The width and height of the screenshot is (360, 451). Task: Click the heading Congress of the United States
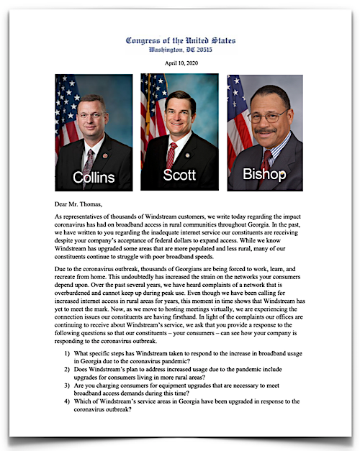[x=181, y=40]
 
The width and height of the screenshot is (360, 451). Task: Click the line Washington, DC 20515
[x=181, y=50]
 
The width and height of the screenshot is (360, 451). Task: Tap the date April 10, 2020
[x=181, y=64]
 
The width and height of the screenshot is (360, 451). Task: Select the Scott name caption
[x=179, y=176]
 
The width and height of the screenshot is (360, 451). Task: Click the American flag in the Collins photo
[x=66, y=108]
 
